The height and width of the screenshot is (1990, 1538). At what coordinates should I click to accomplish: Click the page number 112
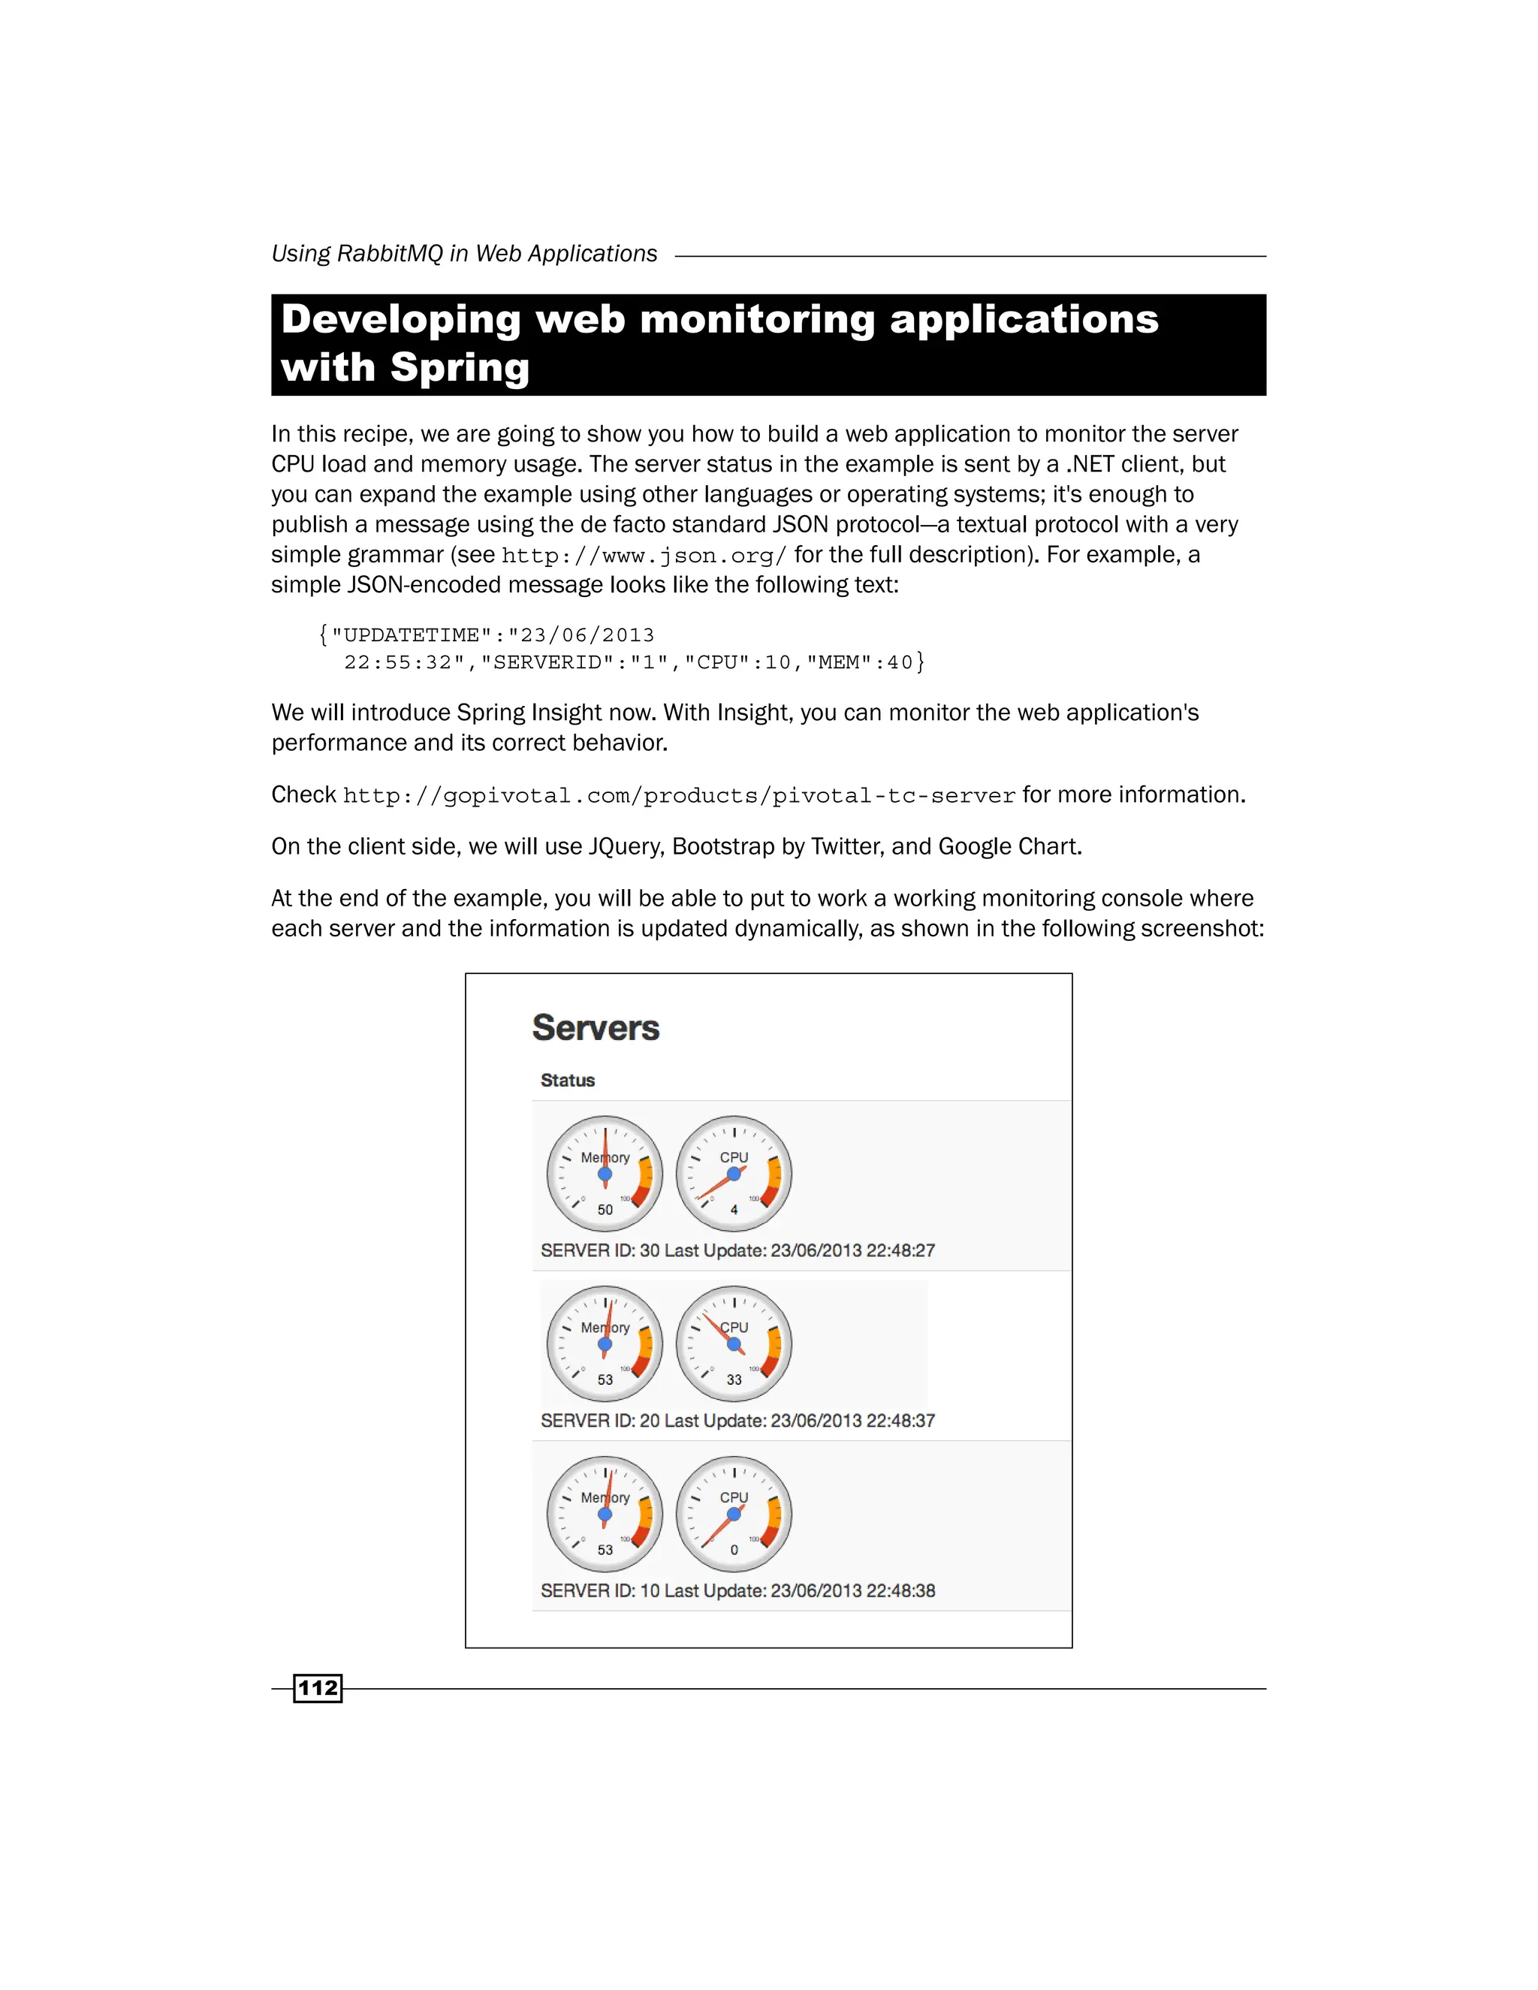tap(317, 1688)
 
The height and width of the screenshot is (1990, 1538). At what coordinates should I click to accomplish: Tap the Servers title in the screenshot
tap(595, 1028)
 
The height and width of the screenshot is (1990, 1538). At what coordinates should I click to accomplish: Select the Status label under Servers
tap(567, 1080)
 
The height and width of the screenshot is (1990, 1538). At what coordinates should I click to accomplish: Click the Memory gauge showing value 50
tap(605, 1174)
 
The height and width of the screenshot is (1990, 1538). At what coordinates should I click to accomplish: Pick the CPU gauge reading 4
tap(734, 1174)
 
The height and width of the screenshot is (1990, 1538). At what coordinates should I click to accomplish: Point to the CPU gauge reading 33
tap(734, 1344)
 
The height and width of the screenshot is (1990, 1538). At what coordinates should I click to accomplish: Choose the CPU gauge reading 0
tap(734, 1513)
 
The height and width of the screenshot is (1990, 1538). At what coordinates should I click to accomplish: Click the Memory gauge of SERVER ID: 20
tap(605, 1344)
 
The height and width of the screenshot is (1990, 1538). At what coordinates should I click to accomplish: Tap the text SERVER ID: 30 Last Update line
tap(737, 1250)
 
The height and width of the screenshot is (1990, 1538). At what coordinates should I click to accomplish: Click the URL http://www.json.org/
tap(644, 555)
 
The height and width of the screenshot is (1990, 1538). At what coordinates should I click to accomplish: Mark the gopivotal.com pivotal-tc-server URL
tap(679, 795)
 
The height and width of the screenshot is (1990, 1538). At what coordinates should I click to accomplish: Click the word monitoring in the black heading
tap(757, 320)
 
